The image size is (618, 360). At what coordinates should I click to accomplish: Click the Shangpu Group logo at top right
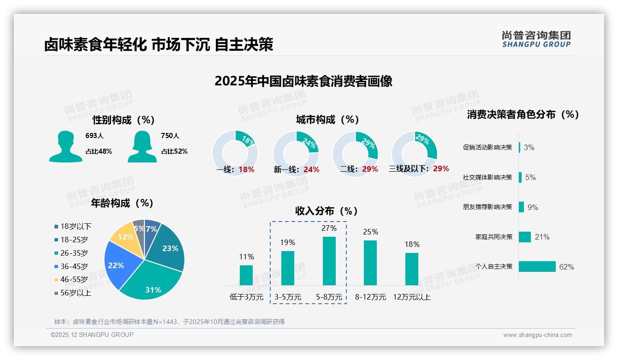(536, 39)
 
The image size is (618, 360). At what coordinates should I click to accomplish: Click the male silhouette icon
(65, 146)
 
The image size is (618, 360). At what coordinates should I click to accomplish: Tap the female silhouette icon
(142, 146)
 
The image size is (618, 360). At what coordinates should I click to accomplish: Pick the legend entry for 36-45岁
(74, 266)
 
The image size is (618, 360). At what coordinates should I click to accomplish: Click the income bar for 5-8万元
(329, 261)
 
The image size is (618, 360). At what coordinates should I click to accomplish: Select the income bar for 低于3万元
(246, 275)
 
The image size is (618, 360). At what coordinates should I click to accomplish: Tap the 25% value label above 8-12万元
(370, 232)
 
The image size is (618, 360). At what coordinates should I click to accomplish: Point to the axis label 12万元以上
(412, 297)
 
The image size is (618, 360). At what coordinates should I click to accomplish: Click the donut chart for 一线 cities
(235, 153)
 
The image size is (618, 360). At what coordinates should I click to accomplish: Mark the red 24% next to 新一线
(311, 170)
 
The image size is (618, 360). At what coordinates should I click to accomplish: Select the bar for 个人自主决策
(537, 267)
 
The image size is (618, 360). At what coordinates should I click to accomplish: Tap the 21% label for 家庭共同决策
(542, 237)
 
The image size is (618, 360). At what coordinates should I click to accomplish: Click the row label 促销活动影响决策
(487, 148)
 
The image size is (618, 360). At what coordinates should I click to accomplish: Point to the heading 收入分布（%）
(327, 211)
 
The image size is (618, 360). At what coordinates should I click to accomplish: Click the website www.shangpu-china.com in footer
(537, 335)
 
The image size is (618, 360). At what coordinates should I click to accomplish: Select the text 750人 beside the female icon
(170, 136)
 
